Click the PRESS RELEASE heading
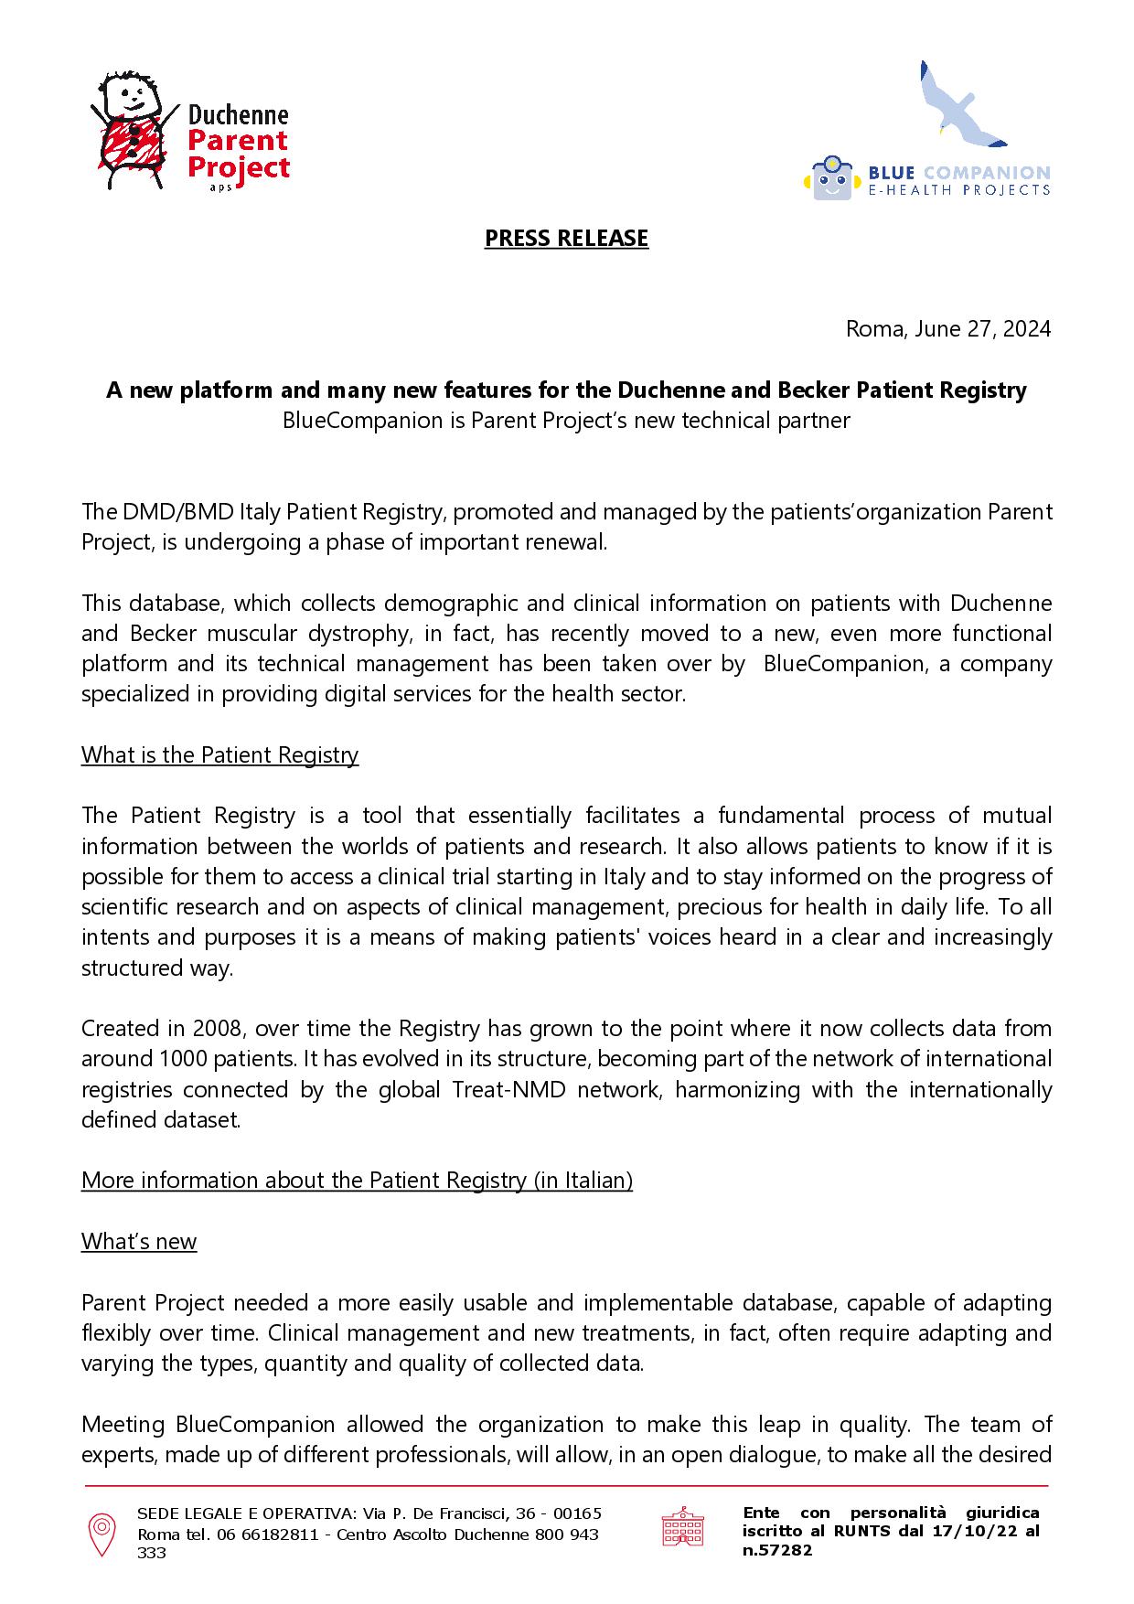click(566, 238)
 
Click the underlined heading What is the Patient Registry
click(219, 754)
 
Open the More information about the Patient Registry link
click(357, 1180)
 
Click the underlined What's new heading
click(139, 1241)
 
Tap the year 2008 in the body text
click(217, 1028)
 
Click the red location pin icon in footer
click(101, 1534)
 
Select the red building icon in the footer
click(682, 1527)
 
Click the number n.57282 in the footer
click(776, 1550)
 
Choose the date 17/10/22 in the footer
click(967, 1532)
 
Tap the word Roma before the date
click(873, 328)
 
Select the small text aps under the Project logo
click(220, 187)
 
